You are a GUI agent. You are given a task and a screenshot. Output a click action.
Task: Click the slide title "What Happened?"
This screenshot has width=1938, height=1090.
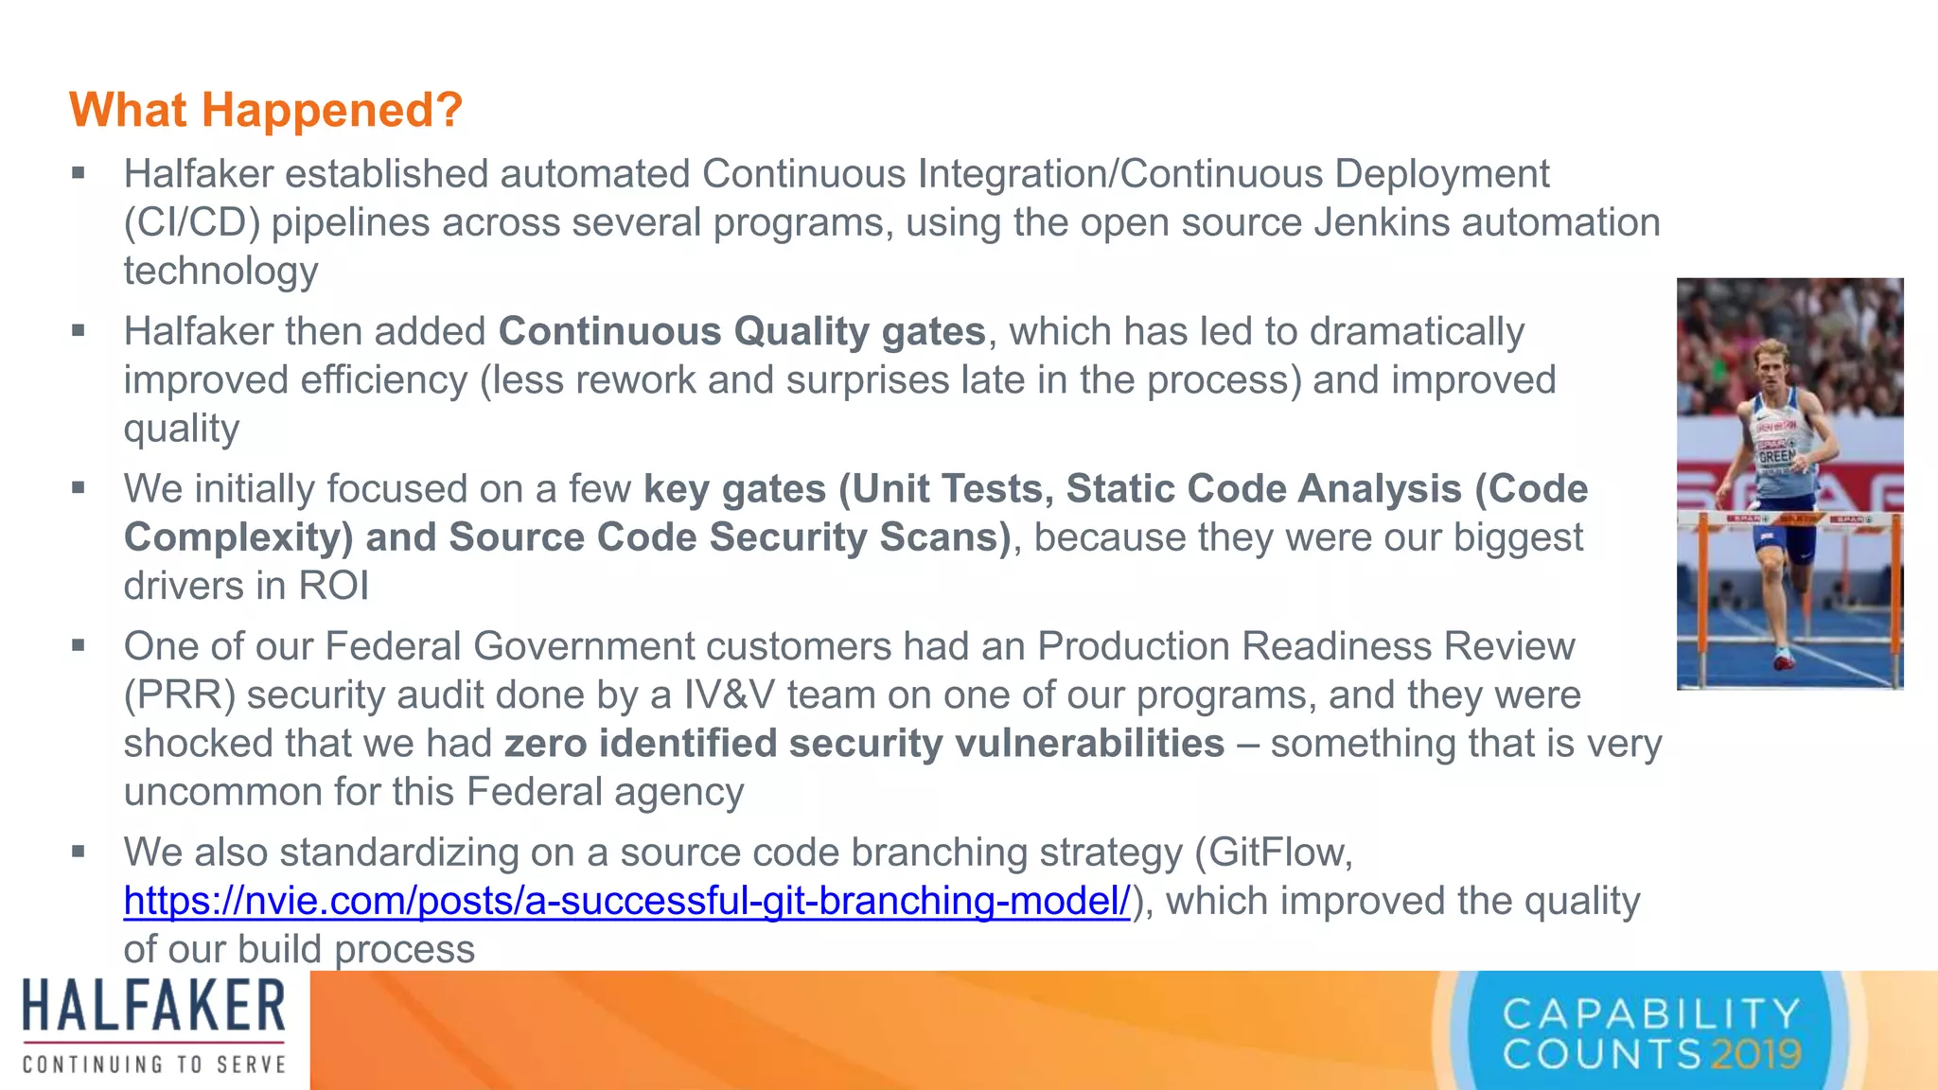coord(266,110)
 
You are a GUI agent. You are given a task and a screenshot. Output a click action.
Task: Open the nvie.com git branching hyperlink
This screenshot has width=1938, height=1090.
coord(626,901)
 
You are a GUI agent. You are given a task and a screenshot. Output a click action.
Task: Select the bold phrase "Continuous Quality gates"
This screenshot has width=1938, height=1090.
coord(742,332)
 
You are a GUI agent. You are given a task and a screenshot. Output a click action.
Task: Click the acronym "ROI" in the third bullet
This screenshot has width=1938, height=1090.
coord(333,586)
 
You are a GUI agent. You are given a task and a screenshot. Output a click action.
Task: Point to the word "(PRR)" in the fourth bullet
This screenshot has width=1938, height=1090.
coord(179,695)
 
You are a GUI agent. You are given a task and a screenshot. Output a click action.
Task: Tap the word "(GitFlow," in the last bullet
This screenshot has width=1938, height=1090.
coord(1274,853)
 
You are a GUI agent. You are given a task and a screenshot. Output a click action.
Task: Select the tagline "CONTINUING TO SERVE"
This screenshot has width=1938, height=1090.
coord(154,1065)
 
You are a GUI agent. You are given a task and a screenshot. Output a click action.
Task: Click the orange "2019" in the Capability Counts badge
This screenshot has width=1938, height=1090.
coord(1756,1054)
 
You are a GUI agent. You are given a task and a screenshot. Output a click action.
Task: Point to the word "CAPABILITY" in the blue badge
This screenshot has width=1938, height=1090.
coord(1651,1014)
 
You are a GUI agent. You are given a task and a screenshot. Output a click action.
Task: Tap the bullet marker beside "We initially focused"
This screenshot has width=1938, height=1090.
coord(79,489)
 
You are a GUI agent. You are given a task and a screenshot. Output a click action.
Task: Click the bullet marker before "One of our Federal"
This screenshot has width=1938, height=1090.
coord(79,646)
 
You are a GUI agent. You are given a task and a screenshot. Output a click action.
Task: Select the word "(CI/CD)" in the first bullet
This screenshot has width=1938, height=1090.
coord(191,223)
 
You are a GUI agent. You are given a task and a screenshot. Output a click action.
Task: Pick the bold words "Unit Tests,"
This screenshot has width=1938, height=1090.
coord(953,489)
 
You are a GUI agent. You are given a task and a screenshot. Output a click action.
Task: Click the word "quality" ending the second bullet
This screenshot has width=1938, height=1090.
coord(182,429)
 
